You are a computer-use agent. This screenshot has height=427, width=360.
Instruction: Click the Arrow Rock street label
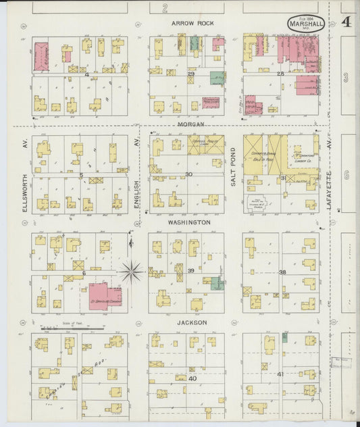192,23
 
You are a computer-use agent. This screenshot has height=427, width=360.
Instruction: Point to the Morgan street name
191,124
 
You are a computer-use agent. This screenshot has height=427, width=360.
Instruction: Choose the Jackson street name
192,322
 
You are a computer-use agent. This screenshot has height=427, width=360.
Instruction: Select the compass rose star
132,272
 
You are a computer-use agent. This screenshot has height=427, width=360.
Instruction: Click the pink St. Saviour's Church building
105,295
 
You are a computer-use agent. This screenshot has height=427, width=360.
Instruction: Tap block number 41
281,374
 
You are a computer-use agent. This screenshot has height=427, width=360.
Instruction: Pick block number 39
191,271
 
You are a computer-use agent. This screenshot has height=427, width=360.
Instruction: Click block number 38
282,272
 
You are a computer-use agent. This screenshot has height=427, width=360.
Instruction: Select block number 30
189,174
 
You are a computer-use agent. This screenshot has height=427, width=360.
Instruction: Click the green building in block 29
217,78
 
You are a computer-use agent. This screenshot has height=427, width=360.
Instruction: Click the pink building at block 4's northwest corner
41,56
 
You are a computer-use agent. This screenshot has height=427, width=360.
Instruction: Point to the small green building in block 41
284,336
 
